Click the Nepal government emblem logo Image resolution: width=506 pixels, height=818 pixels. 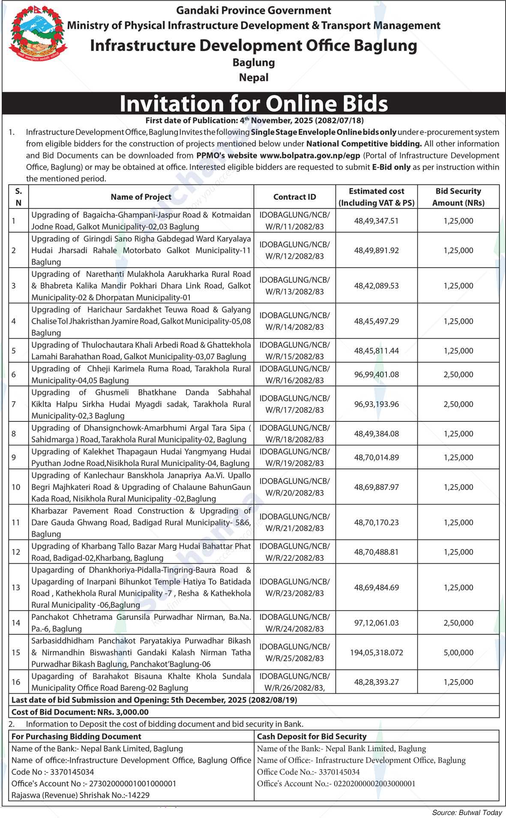click(x=38, y=33)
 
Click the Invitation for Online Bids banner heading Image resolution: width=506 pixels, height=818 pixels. click(x=254, y=104)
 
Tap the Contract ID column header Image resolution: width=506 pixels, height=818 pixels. click(x=294, y=197)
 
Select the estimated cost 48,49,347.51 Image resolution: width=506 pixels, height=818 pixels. click(x=376, y=221)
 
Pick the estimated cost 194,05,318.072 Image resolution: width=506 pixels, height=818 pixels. click(x=376, y=653)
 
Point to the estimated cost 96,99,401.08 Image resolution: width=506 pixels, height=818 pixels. click(x=376, y=374)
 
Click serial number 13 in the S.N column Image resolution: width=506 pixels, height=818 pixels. click(x=16, y=588)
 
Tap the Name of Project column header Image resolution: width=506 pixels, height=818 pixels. click(x=141, y=197)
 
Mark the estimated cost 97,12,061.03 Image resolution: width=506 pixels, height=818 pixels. click(x=376, y=623)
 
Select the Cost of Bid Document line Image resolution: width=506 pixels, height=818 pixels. click(x=80, y=712)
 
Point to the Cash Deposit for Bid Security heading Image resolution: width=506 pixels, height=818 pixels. click(x=311, y=737)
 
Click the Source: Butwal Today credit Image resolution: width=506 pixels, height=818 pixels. click(x=467, y=812)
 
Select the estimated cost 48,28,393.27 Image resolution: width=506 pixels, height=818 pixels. click(x=376, y=682)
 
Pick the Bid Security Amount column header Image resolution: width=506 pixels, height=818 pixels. click(x=458, y=197)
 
